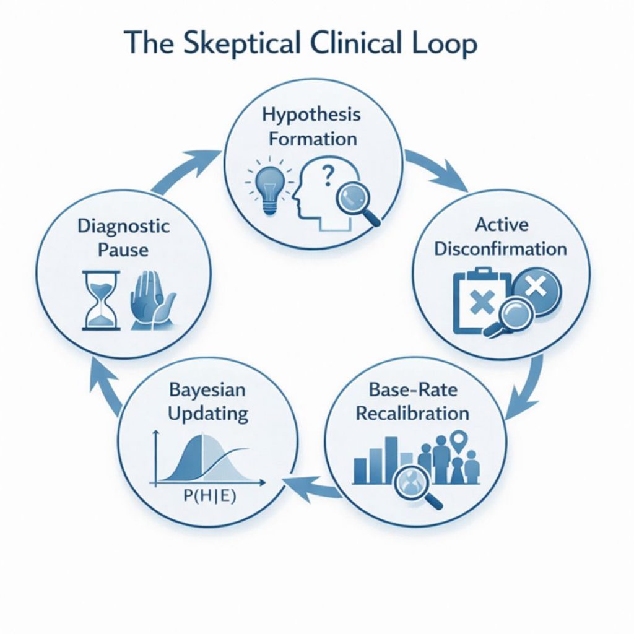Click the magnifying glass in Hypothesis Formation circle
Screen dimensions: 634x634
pyautogui.click(x=354, y=202)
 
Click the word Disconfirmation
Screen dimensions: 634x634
pyautogui.click(x=500, y=249)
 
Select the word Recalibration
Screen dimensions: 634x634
pyautogui.click(x=412, y=412)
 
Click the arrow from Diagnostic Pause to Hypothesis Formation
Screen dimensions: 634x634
pyautogui.click(x=186, y=169)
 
